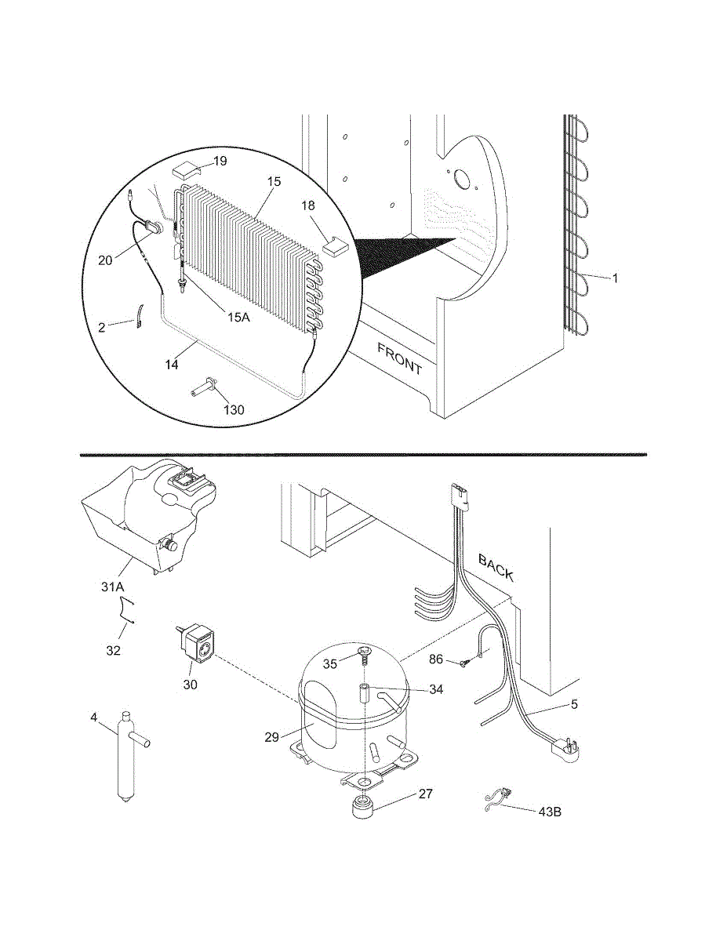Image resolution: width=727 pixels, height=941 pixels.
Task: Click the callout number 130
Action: (x=234, y=409)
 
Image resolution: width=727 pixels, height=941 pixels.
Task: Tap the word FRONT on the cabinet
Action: (x=400, y=358)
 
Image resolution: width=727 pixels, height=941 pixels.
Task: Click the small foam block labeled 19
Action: (x=187, y=169)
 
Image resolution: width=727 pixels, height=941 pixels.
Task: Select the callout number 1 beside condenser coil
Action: (x=615, y=278)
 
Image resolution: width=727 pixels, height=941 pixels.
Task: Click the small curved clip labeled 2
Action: (x=138, y=317)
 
